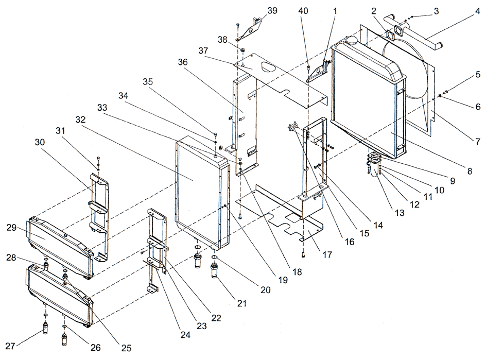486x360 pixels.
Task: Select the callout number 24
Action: [x=185, y=335]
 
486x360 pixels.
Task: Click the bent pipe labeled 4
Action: [x=423, y=39]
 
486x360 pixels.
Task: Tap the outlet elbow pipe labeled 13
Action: [x=373, y=168]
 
